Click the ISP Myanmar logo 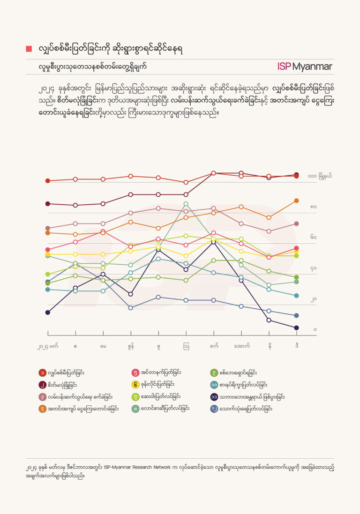pos(304,67)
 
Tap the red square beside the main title pos(29,49)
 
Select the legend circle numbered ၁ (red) pos(42,373)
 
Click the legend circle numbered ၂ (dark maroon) pos(42,385)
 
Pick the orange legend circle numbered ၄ pos(42,409)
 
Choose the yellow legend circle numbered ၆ pos(135,385)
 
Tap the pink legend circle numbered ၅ pos(135,373)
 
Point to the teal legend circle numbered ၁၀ pos(214,385)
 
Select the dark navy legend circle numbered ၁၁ pos(214,397)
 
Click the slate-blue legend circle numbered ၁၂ pos(214,409)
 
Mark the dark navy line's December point pos(297,328)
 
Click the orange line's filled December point pos(297,201)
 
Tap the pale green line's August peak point pos(186,204)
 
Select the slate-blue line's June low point pos(131,308)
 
